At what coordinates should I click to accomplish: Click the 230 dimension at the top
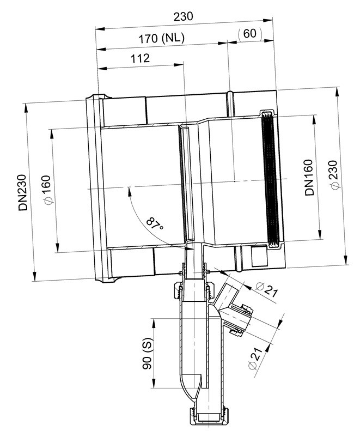point(183,16)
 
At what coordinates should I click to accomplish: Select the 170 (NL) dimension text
point(161,38)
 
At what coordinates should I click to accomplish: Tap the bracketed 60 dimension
point(250,34)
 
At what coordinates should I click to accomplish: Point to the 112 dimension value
point(140,58)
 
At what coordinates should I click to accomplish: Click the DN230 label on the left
point(23,192)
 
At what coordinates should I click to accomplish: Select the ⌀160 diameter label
point(47,190)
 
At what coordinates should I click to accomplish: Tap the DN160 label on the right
point(309,177)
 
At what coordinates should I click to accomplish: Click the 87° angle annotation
point(155,224)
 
